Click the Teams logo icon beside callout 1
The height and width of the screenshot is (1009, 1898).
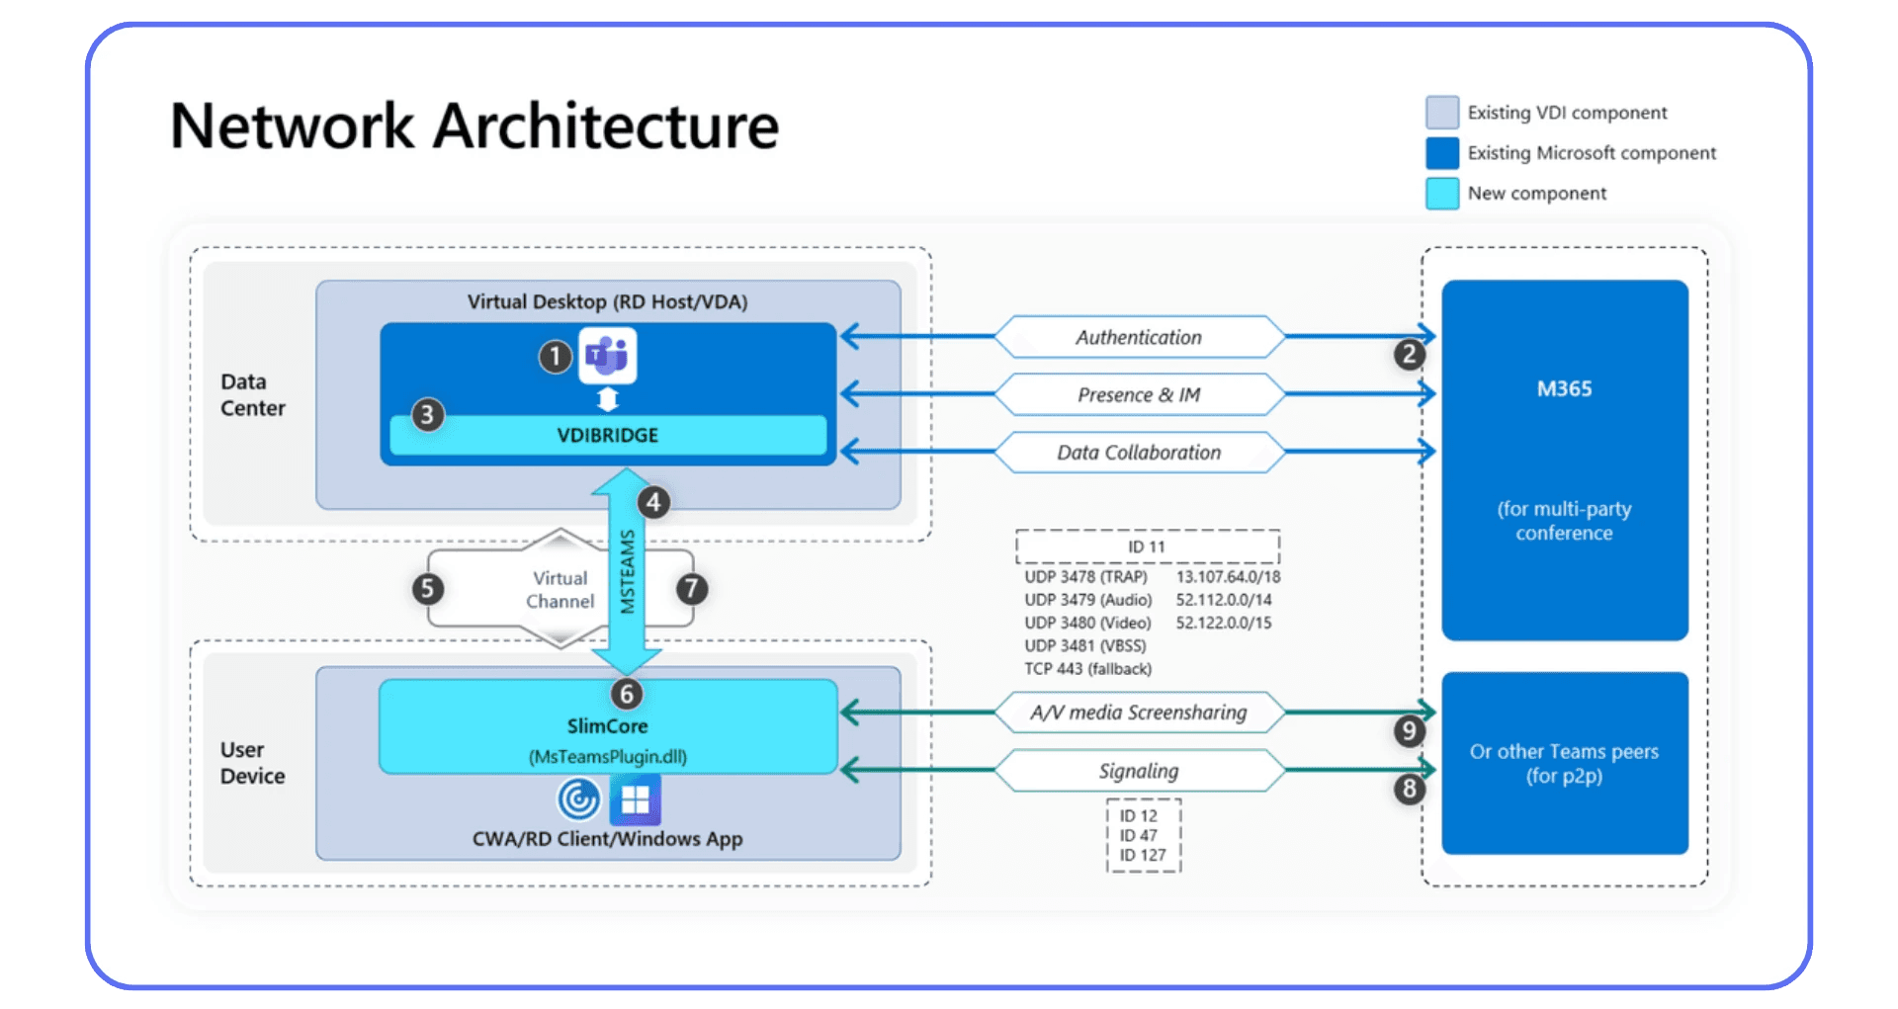(x=607, y=355)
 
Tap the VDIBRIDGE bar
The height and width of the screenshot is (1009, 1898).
(x=607, y=436)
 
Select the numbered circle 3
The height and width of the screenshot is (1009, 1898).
(x=427, y=414)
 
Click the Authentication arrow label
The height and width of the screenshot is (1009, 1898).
(x=1139, y=337)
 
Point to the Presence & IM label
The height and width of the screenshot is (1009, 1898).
(x=1139, y=394)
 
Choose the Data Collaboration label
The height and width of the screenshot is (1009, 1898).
(x=1139, y=453)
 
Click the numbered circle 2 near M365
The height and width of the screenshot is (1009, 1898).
(x=1409, y=355)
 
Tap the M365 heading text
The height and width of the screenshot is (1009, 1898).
(x=1564, y=388)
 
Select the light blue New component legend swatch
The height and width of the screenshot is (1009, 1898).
(x=1442, y=194)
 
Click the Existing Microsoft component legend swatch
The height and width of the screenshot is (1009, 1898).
(x=1442, y=153)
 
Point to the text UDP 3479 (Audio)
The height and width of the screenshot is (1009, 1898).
(x=1088, y=600)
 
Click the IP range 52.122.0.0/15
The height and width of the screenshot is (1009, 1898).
(x=1224, y=623)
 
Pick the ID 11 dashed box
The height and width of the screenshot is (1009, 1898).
(x=1147, y=547)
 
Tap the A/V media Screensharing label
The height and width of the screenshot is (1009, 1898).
(x=1139, y=713)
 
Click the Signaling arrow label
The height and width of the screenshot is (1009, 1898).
(x=1139, y=771)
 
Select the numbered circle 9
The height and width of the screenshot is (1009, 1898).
(x=1409, y=731)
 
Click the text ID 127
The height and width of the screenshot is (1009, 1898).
(x=1143, y=856)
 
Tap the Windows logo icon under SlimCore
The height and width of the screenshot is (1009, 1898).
(x=635, y=799)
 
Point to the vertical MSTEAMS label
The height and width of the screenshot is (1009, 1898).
(x=627, y=571)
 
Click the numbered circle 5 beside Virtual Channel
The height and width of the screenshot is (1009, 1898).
(x=427, y=589)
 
